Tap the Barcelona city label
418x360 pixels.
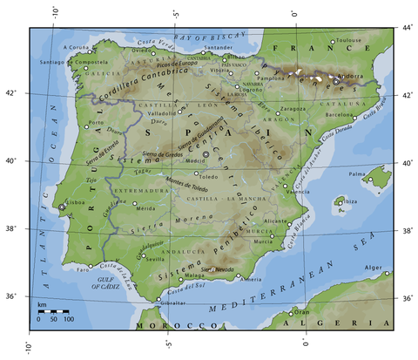[x=340, y=114]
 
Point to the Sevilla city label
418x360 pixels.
[x=157, y=259]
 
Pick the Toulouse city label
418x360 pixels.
[x=352, y=40]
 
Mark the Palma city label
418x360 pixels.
[x=357, y=174]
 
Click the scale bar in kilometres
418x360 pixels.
[x=53, y=311]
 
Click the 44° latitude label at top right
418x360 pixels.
[x=408, y=28]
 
